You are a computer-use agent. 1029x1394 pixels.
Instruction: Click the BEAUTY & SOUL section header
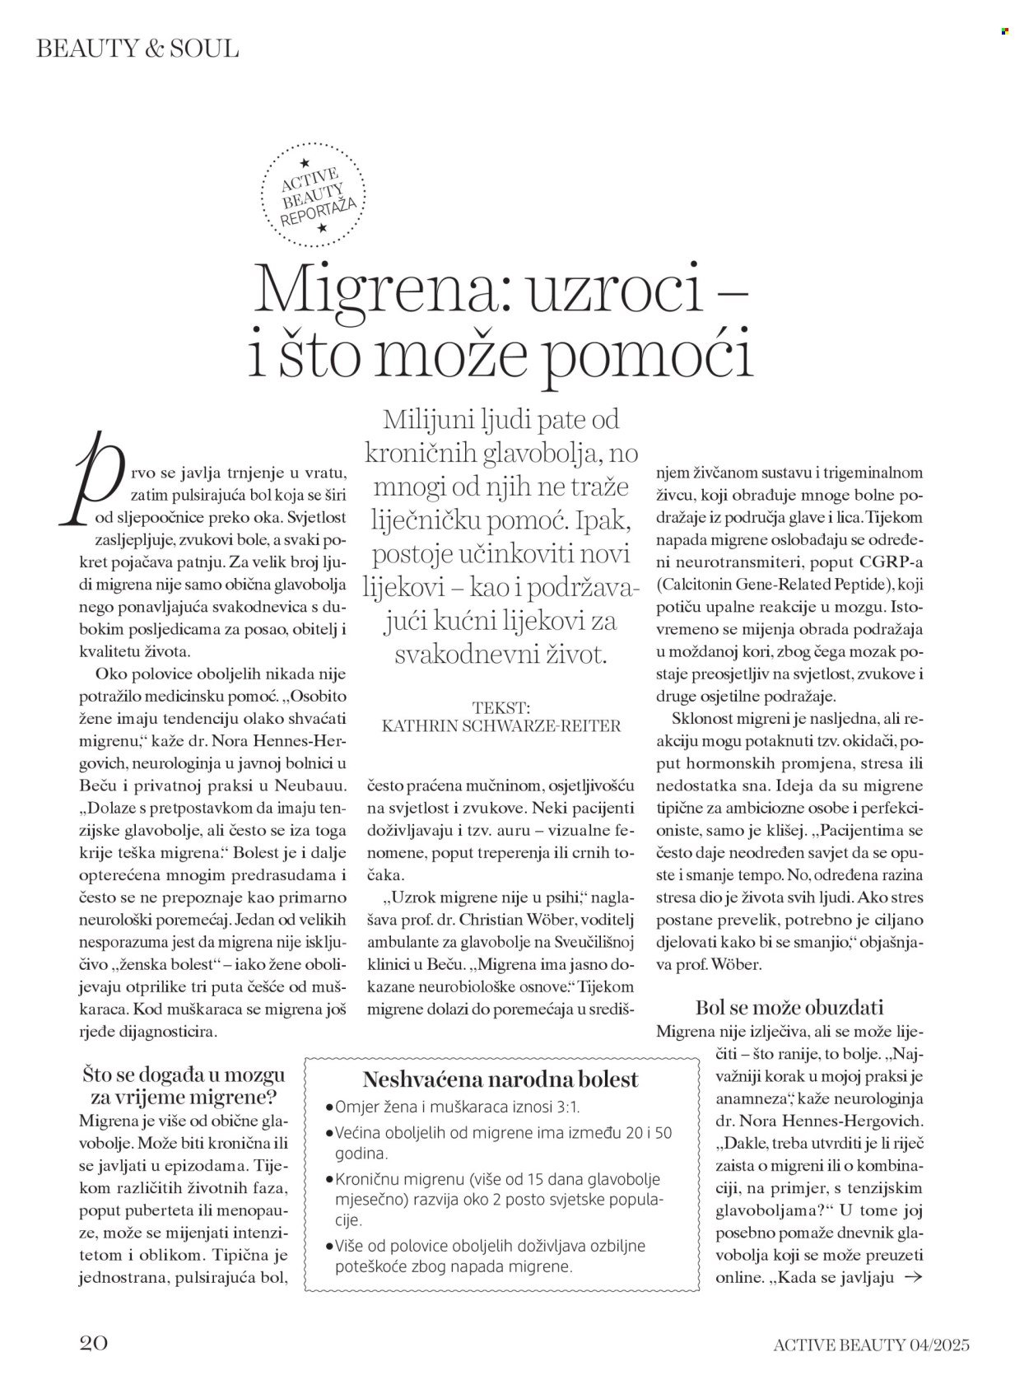tap(137, 49)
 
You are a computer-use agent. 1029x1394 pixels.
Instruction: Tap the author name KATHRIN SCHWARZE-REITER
tap(502, 725)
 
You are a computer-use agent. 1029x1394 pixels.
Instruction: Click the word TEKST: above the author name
tap(502, 707)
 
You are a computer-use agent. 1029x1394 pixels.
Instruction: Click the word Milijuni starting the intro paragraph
tap(431, 420)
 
